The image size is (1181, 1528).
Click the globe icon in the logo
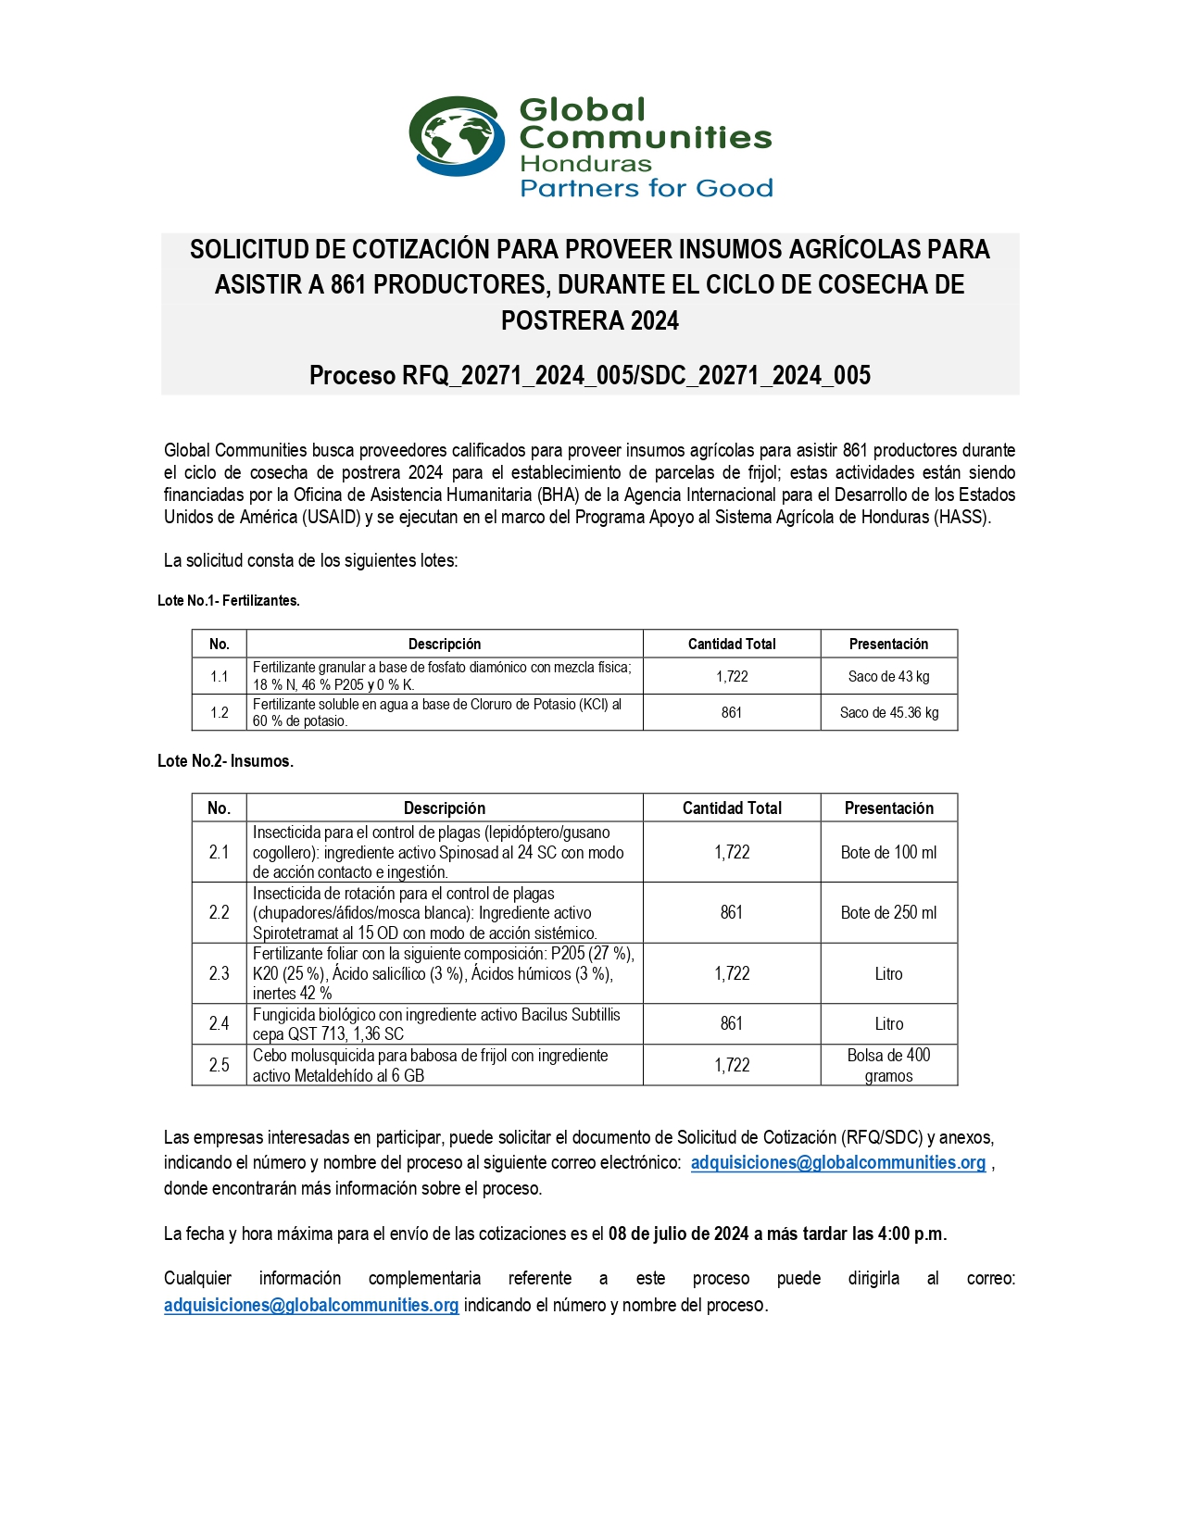point(456,135)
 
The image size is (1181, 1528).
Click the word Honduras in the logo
point(585,164)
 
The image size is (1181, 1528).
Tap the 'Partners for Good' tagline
point(646,189)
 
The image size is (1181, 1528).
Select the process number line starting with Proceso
point(589,375)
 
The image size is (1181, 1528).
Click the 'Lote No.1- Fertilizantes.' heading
point(228,600)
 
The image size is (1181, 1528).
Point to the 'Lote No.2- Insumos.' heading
point(225,761)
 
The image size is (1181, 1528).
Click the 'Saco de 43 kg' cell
point(888,676)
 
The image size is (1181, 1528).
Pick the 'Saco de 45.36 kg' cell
point(888,712)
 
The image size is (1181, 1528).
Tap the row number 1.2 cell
point(219,712)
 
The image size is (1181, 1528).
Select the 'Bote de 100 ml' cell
point(888,852)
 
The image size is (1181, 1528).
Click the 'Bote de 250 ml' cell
point(888,912)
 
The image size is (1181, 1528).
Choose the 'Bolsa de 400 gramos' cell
point(888,1065)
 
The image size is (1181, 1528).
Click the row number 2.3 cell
point(219,973)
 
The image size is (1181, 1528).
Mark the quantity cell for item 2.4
point(731,1023)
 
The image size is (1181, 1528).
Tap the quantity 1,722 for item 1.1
point(731,676)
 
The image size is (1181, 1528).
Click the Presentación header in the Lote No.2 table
point(888,808)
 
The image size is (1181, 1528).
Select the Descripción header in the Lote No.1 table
point(445,644)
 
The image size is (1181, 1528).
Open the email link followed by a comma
point(837,1162)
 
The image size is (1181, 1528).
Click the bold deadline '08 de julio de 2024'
point(678,1234)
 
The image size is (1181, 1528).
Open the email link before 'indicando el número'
point(311,1305)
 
